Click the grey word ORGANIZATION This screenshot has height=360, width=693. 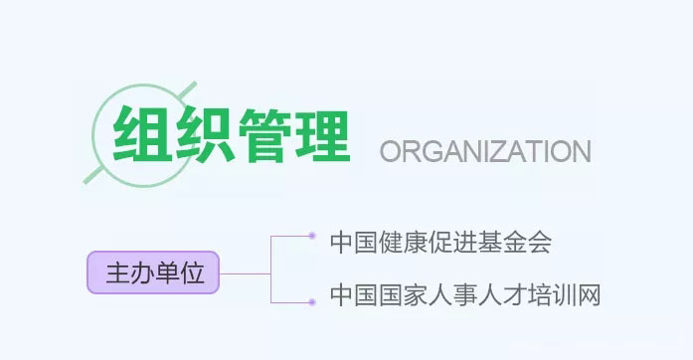tap(486, 151)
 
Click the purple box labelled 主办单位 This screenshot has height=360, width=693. tap(152, 271)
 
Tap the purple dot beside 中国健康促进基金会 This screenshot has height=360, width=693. tap(312, 236)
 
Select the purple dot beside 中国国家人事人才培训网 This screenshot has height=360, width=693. tap(312, 298)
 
